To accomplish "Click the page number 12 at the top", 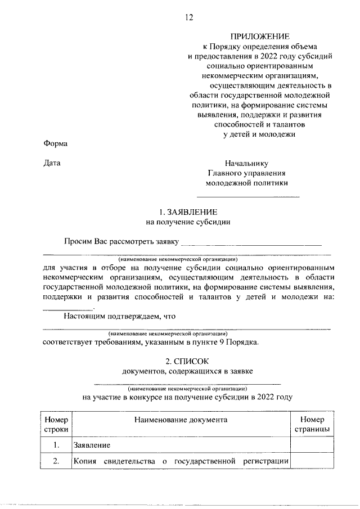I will click(189, 17).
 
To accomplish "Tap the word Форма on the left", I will click(56, 143).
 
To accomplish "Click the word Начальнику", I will click(246, 163).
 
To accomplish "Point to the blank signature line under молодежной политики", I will click(247, 196).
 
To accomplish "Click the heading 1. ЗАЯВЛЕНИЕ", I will click(187, 212).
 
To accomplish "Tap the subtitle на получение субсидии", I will click(187, 222).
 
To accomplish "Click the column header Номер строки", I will click(56, 425).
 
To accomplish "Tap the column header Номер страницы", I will click(312, 425).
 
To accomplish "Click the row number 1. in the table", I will click(56, 445).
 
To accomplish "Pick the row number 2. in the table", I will click(56, 462).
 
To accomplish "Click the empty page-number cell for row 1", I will click(312, 445).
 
